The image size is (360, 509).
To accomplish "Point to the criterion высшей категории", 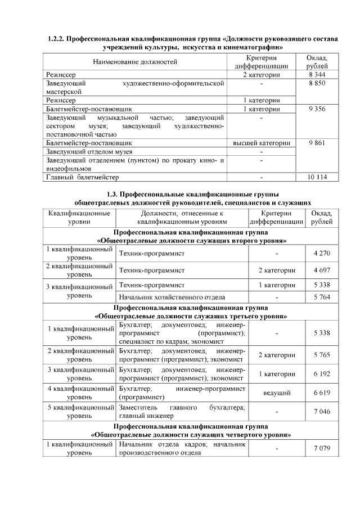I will (262, 143).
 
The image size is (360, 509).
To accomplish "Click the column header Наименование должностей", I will (135, 61).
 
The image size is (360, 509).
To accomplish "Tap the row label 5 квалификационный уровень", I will (80, 411).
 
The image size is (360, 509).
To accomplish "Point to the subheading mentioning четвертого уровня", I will (191, 435).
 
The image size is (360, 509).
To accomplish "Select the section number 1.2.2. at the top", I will (55, 39).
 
